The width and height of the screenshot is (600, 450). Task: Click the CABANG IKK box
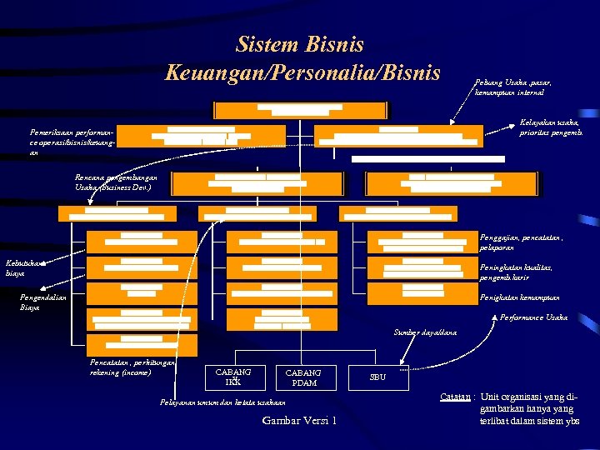[233, 377]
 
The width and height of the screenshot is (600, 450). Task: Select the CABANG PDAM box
[302, 377]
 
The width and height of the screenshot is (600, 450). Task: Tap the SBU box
[377, 377]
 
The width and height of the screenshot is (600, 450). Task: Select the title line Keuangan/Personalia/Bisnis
[302, 72]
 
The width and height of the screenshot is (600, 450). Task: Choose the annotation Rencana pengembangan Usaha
[116, 182]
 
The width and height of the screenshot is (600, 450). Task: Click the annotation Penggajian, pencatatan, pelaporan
[521, 242]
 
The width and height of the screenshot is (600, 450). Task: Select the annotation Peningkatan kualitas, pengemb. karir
[517, 272]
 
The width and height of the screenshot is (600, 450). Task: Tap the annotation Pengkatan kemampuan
[519, 297]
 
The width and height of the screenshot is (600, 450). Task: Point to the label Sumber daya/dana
[425, 332]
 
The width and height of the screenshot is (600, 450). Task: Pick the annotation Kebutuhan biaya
[26, 267]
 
